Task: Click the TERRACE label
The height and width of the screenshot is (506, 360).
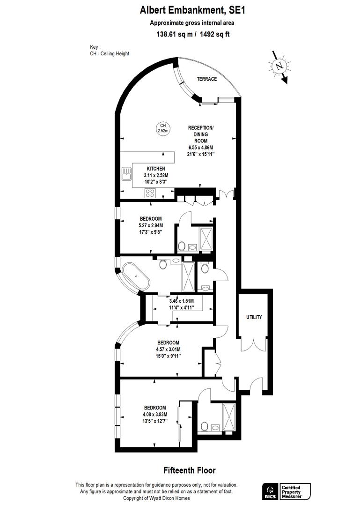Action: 207,79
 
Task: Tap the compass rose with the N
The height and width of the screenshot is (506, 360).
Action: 279,67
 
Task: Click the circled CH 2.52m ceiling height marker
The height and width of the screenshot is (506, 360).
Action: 163,128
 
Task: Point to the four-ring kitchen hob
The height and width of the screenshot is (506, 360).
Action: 150,193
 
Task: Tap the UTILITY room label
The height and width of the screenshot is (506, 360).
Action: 254,317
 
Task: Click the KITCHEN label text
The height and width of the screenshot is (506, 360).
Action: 156,169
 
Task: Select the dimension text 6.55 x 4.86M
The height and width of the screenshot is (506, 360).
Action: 201,148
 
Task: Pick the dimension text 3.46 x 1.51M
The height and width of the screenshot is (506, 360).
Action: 182,301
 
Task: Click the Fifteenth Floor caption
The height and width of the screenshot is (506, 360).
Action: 189,470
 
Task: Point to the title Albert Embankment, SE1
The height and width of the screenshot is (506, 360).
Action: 192,10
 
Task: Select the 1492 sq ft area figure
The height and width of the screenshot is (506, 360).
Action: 215,34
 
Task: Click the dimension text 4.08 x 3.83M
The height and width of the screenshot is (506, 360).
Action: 155,414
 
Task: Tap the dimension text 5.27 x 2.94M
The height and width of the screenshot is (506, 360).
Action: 151,225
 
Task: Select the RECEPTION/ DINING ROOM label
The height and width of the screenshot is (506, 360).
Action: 201,134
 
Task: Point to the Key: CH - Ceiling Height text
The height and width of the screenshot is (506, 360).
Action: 110,51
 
